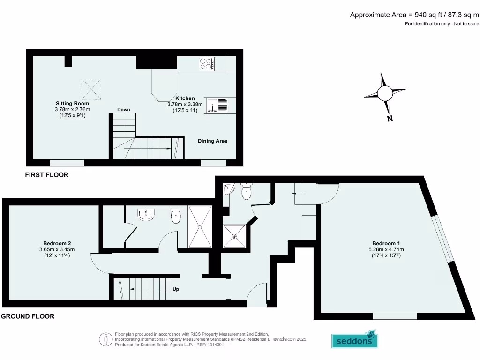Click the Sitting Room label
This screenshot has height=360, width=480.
point(72,103)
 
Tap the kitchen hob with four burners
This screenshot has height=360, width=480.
point(207,64)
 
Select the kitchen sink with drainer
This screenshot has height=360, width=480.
point(217,105)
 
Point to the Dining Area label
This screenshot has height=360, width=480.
point(212,141)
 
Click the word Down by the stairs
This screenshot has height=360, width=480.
point(124,110)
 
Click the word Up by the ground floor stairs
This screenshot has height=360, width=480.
point(175,289)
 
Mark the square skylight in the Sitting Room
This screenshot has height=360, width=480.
point(91,89)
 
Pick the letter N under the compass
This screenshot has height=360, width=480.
point(390,119)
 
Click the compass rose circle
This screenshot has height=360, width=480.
point(385,93)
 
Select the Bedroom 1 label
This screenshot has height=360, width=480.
point(386,243)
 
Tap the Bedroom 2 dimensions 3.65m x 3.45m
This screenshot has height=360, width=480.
point(57,249)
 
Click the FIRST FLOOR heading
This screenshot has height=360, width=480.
point(46,175)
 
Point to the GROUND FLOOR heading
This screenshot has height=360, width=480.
point(28,316)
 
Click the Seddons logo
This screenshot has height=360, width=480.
point(355,340)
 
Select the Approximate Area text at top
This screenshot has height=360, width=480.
point(414,15)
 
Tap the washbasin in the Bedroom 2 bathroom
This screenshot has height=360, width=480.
point(146,215)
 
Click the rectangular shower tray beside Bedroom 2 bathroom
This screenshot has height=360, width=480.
point(200,227)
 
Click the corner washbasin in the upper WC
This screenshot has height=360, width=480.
point(228,189)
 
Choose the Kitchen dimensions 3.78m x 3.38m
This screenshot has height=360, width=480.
point(185,105)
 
